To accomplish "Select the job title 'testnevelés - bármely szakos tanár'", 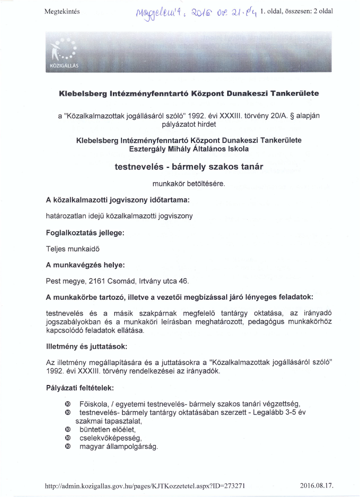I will [x=189, y=167].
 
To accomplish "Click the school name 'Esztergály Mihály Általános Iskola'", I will [x=189, y=149].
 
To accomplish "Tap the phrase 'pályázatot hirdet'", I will [x=189, y=124].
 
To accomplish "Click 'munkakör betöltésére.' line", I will [x=189, y=183].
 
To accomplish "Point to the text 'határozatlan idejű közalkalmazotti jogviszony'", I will [x=119, y=216].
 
